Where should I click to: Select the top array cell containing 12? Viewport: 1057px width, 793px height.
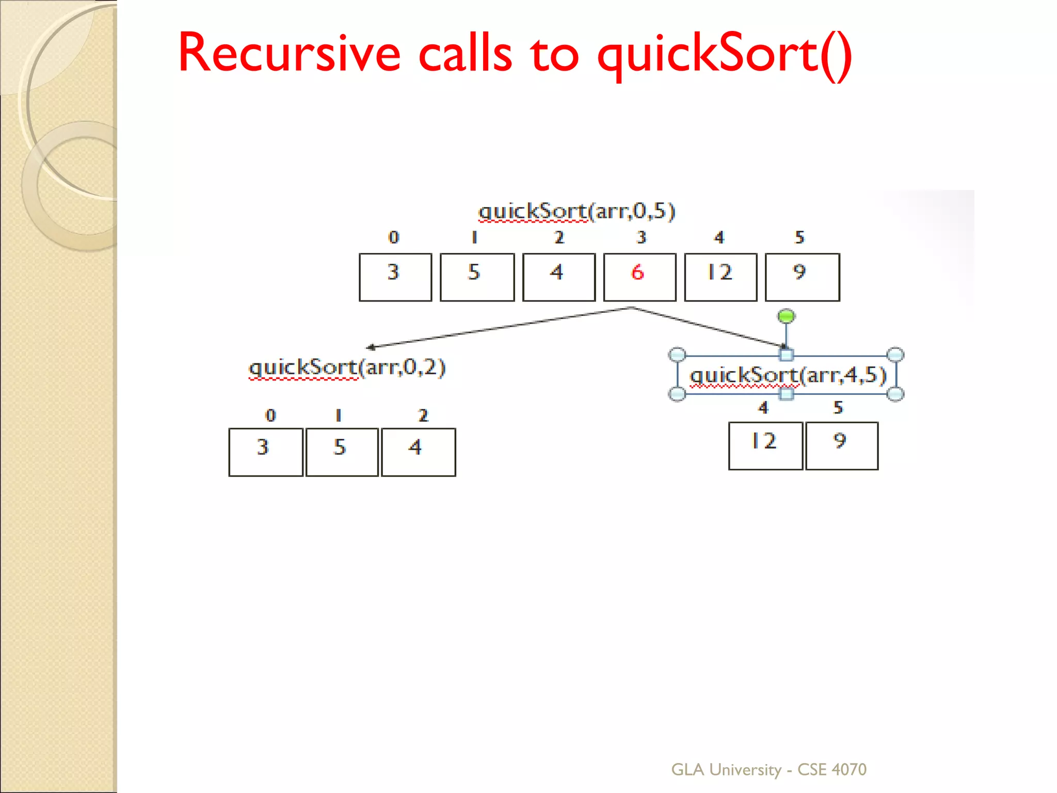[x=720, y=277]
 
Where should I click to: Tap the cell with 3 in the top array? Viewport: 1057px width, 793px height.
[x=395, y=277]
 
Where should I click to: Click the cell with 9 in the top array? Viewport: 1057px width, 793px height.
[x=802, y=277]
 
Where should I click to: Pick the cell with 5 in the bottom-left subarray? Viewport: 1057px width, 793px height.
[x=342, y=452]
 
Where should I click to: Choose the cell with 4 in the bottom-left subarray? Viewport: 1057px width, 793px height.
[x=418, y=452]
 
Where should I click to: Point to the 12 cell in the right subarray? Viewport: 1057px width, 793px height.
[x=765, y=446]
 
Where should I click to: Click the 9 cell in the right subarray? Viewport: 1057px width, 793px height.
[x=841, y=446]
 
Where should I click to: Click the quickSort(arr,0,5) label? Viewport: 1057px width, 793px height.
[x=576, y=211]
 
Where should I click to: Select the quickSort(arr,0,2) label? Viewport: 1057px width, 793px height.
[x=347, y=368]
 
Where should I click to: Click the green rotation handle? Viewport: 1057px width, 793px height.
[x=786, y=316]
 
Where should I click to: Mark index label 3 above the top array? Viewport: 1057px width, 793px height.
[x=641, y=237]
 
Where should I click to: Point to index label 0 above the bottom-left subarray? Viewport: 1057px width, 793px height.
[x=270, y=416]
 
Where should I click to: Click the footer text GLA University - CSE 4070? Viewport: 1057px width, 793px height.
[x=768, y=769]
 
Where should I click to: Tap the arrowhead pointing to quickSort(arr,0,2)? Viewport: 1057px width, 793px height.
[x=370, y=347]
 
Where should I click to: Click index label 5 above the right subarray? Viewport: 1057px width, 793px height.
[x=838, y=408]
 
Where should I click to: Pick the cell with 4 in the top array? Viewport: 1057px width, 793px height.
[x=558, y=277]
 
